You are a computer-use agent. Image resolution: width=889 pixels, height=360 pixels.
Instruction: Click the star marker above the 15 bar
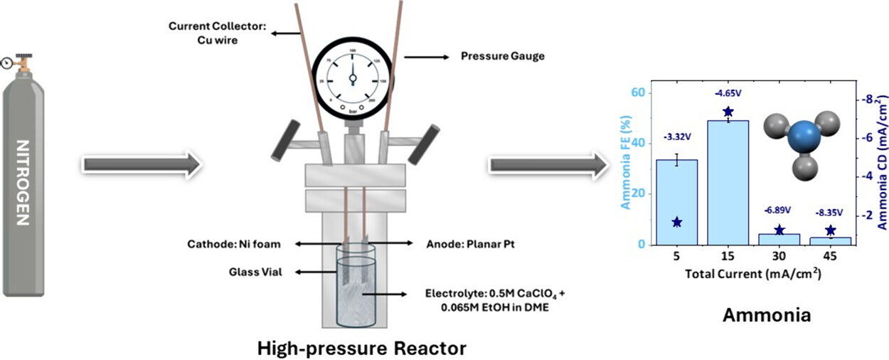[728, 112]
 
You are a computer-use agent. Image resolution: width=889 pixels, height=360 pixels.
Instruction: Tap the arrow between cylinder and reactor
[143, 164]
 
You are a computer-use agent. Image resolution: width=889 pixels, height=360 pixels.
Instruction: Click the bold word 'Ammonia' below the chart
[767, 314]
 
